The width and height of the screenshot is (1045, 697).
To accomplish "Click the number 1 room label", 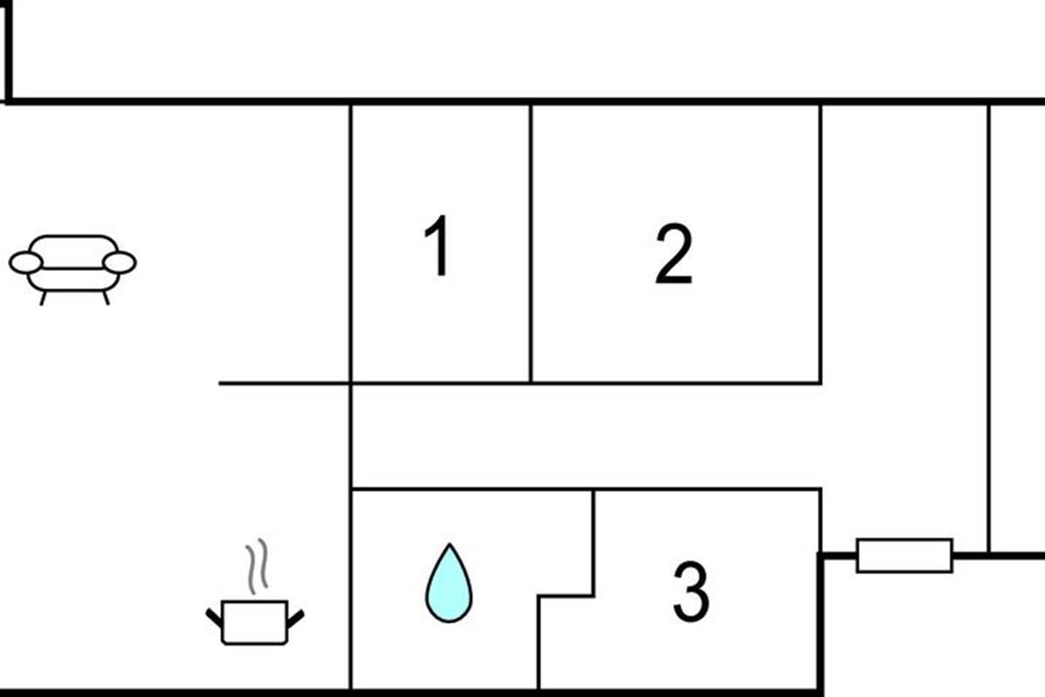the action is (x=437, y=246).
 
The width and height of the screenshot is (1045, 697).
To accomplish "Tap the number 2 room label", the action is (x=674, y=254).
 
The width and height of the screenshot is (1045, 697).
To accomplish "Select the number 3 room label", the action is (x=691, y=592).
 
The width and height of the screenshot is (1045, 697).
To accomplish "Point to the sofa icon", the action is (x=73, y=270).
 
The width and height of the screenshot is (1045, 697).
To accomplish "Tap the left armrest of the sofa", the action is (x=25, y=262).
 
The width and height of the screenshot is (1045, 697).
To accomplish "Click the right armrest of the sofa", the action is (x=119, y=262).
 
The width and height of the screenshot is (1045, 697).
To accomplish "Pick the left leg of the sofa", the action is (x=44, y=298).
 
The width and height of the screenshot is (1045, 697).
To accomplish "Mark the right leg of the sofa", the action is (x=106, y=298).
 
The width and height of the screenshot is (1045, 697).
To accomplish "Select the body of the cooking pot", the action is (x=254, y=623).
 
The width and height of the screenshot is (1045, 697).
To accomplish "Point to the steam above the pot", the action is (x=257, y=566).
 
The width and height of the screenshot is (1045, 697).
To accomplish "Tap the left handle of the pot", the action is (x=214, y=618).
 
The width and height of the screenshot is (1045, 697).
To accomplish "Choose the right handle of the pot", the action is (x=296, y=619).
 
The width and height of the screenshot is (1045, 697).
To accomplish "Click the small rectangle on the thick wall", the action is (x=904, y=556).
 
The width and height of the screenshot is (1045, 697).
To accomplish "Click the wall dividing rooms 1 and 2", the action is (x=530, y=244).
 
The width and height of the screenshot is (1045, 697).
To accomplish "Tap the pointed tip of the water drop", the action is (x=449, y=544).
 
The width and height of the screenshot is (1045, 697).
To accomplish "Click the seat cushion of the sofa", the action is (x=73, y=280).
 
